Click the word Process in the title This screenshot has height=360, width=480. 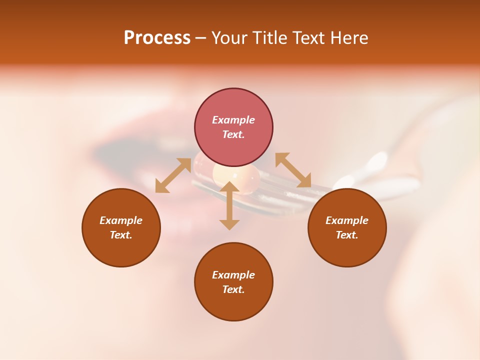tap(157, 38)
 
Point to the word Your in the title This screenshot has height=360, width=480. tap(230, 38)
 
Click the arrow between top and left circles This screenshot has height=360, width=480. tap(173, 175)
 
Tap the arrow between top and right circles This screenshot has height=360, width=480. tap(293, 170)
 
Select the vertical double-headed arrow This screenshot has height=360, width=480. tap(229, 205)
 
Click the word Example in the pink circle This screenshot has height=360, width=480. tap(233, 120)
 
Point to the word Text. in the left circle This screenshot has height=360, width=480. tap(121, 235)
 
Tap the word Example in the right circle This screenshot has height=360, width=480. tap(347, 220)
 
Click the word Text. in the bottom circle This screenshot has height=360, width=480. tap(233, 289)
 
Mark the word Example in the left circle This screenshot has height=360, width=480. tap(121, 220)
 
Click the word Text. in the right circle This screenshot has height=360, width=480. tap(347, 235)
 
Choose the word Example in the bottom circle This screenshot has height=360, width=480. tap(233, 275)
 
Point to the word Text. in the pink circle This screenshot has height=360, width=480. tap(233, 134)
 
